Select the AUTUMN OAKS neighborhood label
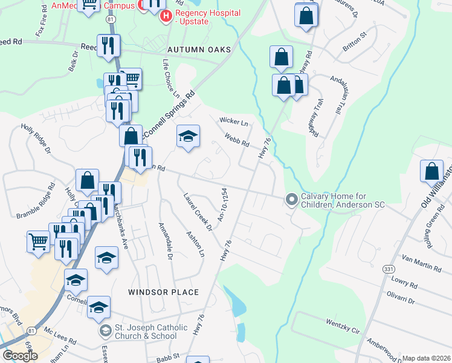pyautogui.click(x=199, y=50)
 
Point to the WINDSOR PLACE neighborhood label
pyautogui.click(x=163, y=292)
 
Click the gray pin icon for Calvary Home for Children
pyautogui.click(x=291, y=199)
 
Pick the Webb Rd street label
pyautogui.click(x=237, y=140)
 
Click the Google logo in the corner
pyautogui.click(x=20, y=356)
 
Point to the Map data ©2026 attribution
pyautogui.click(x=425, y=358)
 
